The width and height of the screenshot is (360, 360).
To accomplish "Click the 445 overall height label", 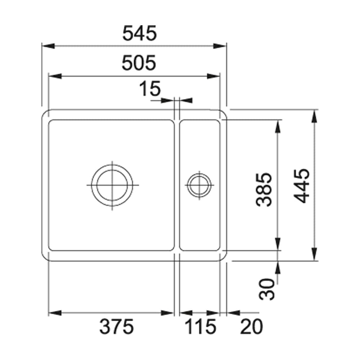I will (x=302, y=185).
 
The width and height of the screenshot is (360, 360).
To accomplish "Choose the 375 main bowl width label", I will (x=117, y=327).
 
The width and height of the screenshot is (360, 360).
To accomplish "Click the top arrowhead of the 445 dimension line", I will (x=314, y=116).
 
